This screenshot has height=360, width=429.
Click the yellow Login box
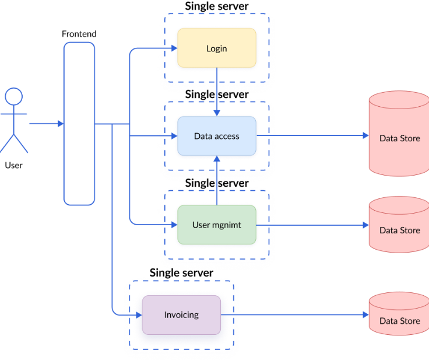(216, 48)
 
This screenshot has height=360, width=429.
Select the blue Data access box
(216, 136)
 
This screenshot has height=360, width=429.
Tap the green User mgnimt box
(216, 225)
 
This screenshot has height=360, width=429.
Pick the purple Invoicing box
(181, 314)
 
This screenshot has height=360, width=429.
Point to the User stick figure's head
(13, 96)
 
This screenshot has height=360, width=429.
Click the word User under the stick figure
(13, 165)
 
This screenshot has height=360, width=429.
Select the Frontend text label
(79, 34)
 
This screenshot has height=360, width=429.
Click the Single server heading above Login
(216, 6)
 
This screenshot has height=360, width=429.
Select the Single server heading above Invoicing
(181, 272)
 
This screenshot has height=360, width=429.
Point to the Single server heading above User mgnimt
(216, 183)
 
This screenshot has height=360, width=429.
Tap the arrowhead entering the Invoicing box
(139, 315)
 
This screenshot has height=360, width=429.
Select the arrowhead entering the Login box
(174, 48)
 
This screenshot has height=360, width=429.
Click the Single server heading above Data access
(216, 94)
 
